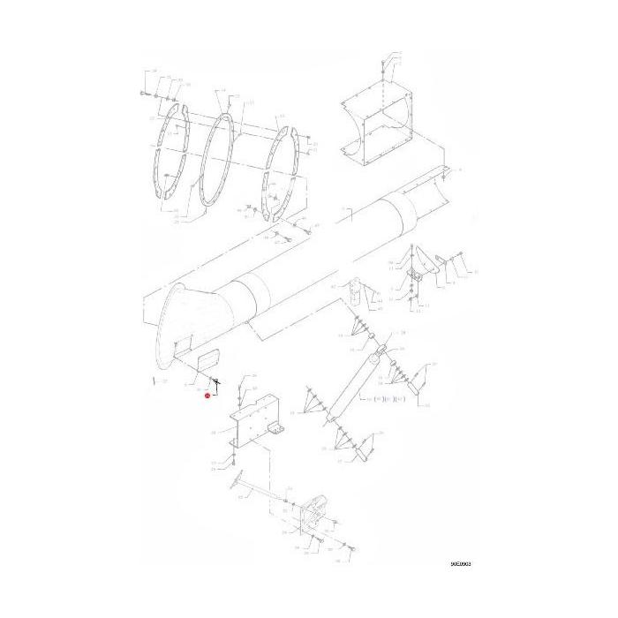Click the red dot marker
click(x=207, y=396)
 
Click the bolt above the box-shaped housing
click(x=381, y=64)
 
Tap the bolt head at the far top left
click(x=142, y=91)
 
